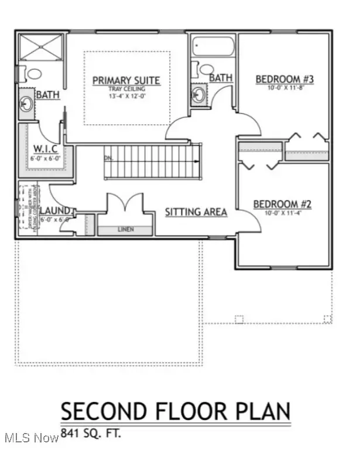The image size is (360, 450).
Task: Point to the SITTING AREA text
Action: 196,212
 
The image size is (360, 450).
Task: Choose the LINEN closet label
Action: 126,229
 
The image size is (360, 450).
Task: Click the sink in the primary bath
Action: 26,104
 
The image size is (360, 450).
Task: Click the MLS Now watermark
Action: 29,438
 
